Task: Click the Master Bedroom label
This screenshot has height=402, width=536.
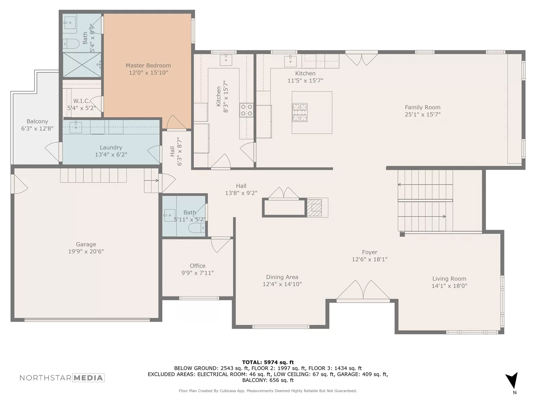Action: (148, 65)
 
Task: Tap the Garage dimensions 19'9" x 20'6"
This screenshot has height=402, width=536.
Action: (86, 251)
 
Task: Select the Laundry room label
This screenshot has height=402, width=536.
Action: (111, 147)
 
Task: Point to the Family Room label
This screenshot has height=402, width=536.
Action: (423, 107)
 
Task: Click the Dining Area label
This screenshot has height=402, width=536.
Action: (282, 277)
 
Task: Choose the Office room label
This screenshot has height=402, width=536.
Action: (198, 266)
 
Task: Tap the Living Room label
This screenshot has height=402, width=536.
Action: (449, 278)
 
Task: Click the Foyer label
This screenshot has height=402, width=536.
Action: (370, 252)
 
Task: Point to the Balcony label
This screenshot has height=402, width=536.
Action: (37, 121)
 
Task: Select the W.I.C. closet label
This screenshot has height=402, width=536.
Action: (81, 101)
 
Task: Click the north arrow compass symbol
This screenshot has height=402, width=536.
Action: (512, 380)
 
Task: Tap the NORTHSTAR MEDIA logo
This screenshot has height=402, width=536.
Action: (62, 378)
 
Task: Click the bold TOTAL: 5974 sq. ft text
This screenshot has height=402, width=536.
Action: (268, 362)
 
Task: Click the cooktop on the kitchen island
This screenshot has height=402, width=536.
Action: (300, 113)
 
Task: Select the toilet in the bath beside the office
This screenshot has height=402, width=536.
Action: (197, 228)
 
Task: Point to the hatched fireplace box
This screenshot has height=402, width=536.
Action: (314, 207)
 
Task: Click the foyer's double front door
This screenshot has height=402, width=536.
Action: (363, 290)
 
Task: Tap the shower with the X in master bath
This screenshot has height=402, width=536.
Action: (82, 65)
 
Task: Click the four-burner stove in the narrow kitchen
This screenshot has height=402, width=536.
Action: (246, 110)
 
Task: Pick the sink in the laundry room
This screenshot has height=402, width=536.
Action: (76, 127)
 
